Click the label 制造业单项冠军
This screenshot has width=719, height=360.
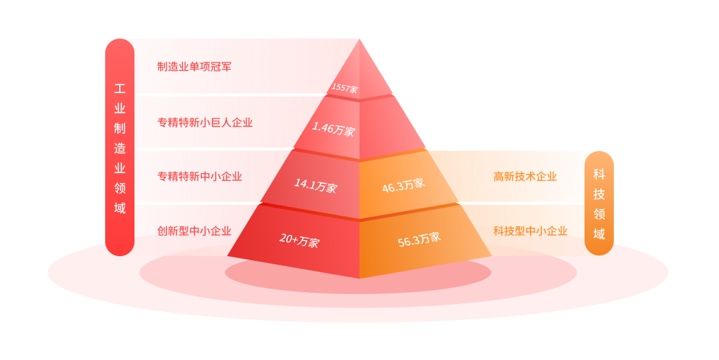coord(194,67)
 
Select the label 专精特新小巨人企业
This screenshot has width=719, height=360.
coord(205,122)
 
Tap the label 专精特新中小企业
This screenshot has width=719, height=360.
coord(200,176)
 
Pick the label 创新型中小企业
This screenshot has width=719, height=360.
coord(194,231)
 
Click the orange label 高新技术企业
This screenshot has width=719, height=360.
coord(525,176)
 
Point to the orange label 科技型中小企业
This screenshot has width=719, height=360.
coord(531,231)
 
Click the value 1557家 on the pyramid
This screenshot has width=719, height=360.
coord(344,88)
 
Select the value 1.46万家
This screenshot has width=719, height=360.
coord(334,129)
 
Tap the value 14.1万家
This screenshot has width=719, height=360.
coord(316,185)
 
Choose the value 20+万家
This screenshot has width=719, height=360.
coord(299,240)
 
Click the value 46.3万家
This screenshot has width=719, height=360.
coord(403,186)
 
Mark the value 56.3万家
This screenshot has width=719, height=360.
coord(419,240)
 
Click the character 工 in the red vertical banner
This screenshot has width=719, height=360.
coord(120,89)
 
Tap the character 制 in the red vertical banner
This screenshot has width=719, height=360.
coord(120,128)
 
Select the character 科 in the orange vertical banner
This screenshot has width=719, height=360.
coord(599,174)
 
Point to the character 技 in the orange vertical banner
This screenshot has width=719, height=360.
coord(599,194)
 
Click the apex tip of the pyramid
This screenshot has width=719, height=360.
coord(359,40)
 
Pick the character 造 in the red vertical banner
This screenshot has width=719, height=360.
coord(120,148)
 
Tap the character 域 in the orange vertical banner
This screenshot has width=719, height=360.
coord(599,234)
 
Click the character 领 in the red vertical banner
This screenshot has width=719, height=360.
coord(120,188)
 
